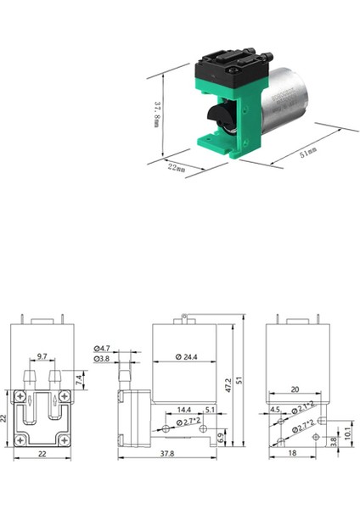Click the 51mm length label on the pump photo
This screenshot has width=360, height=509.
tap(307, 153)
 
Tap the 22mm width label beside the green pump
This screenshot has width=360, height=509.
tap(177, 166)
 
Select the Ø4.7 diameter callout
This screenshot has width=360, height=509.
tap(102, 349)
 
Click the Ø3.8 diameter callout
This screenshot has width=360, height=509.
tap(102, 359)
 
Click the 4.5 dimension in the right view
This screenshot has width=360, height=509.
tap(273, 410)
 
